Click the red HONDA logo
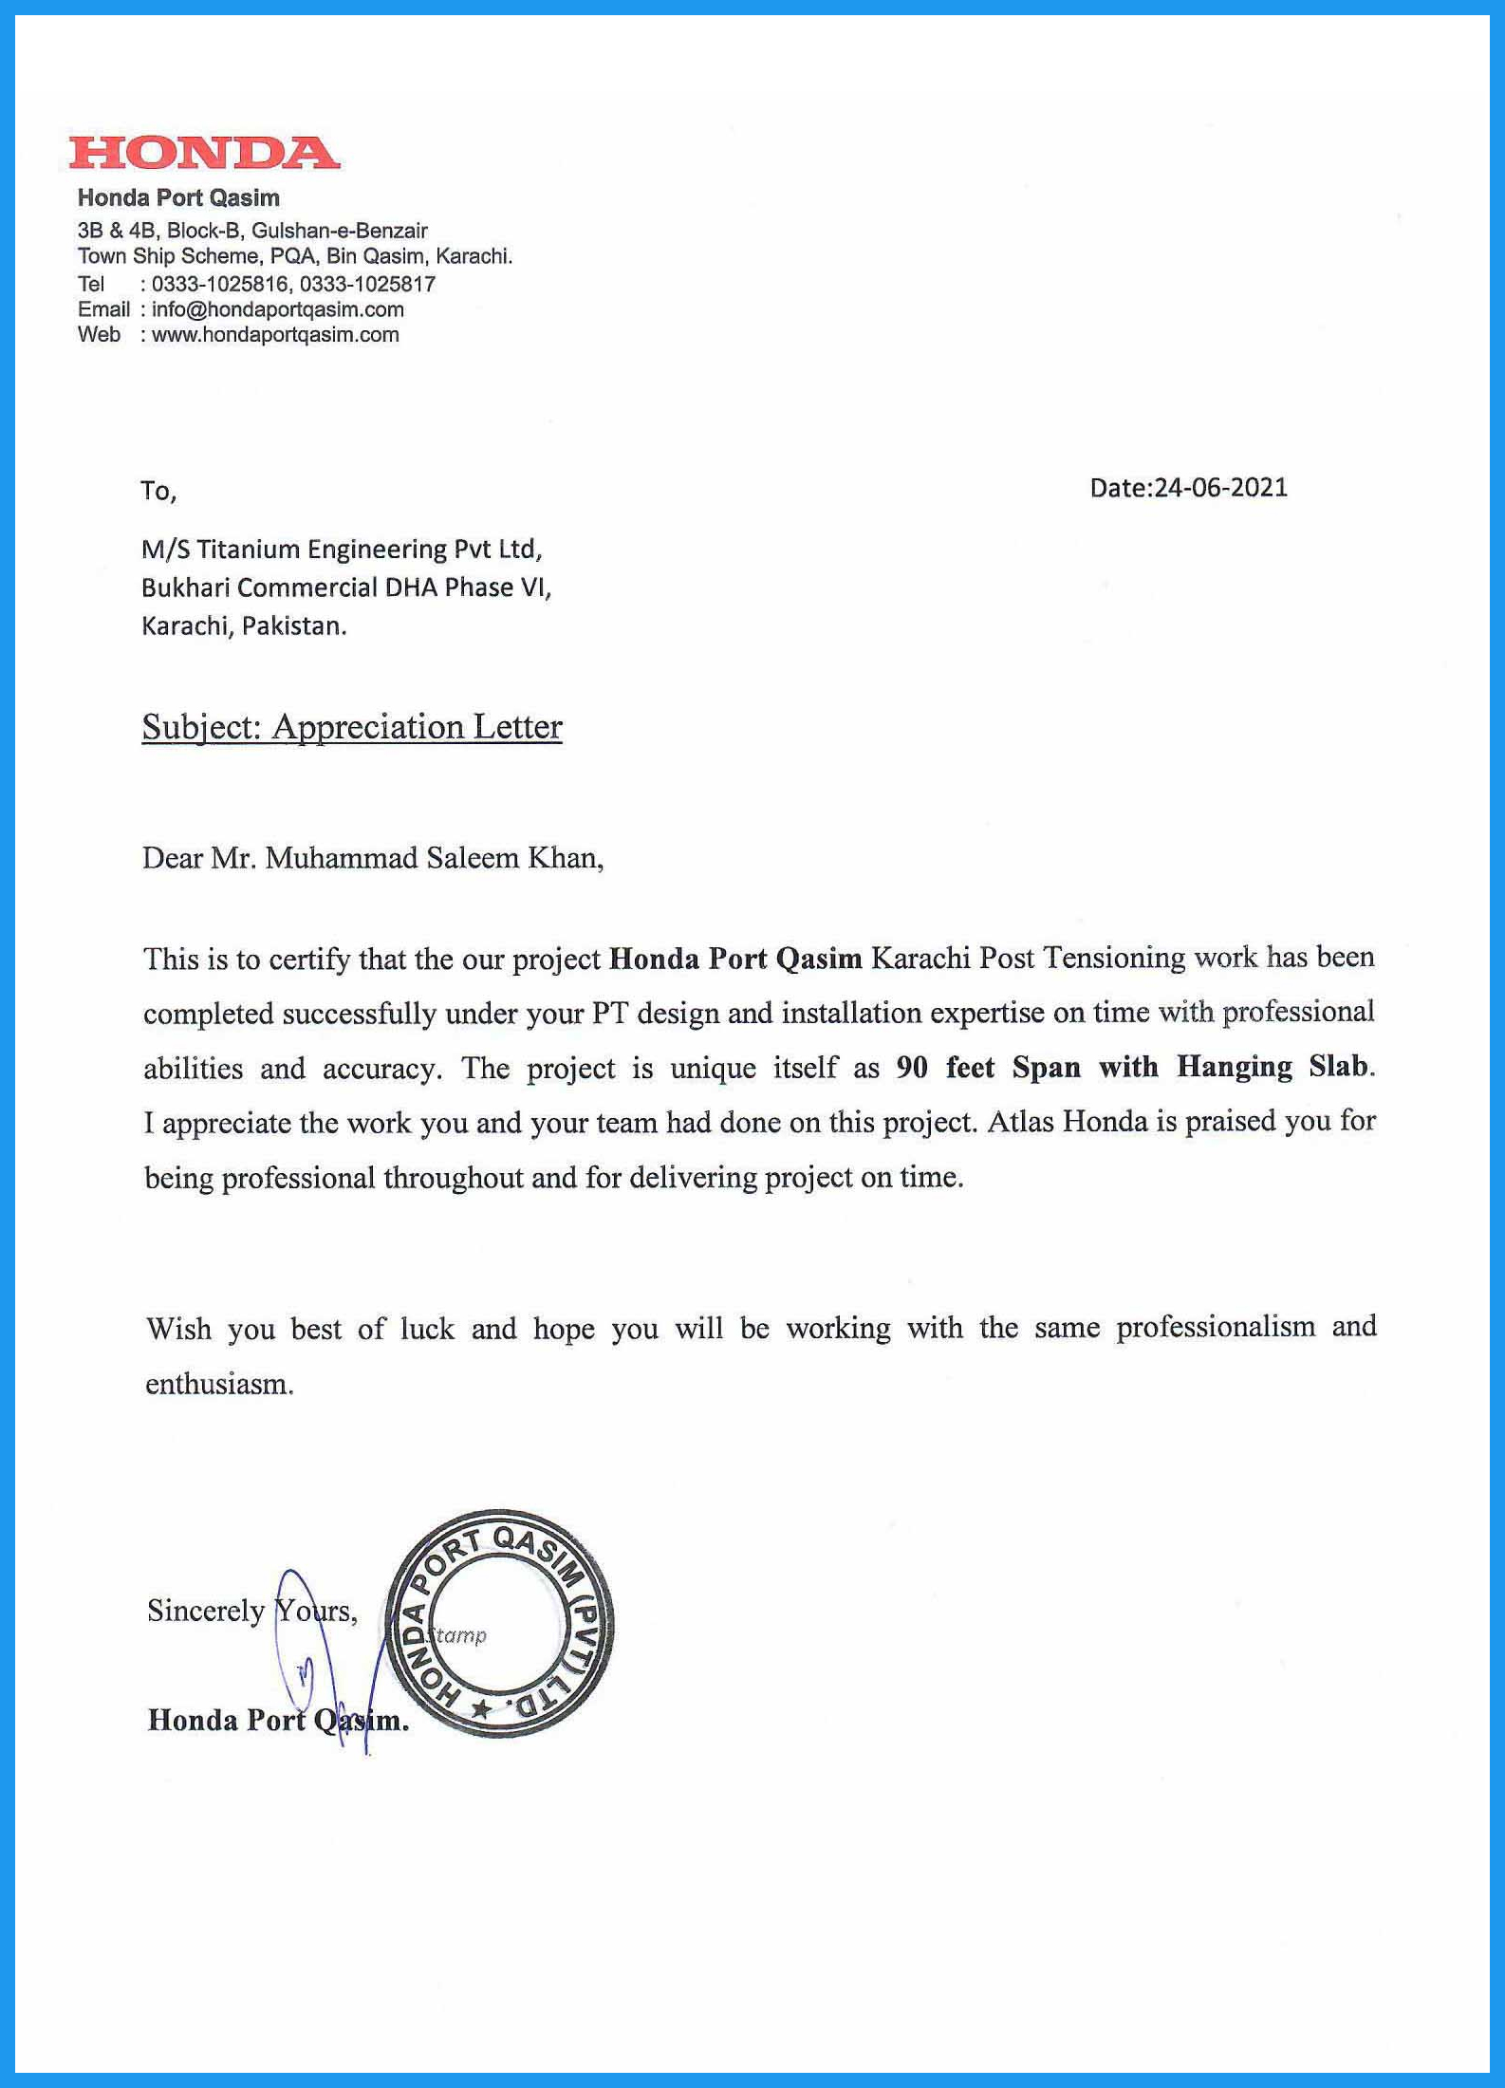[204, 153]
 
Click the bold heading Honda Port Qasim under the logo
[178, 198]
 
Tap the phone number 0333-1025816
[219, 284]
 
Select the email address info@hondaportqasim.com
[277, 309]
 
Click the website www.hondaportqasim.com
[275, 334]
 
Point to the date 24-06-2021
[1219, 488]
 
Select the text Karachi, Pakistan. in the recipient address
[244, 626]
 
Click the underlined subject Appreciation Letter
[417, 727]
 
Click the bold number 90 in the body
[912, 1068]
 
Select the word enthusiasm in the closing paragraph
[217, 1384]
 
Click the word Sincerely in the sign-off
[206, 1611]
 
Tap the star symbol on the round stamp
[481, 1709]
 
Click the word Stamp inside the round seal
[459, 1635]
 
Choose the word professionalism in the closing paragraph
[1215, 1327]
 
